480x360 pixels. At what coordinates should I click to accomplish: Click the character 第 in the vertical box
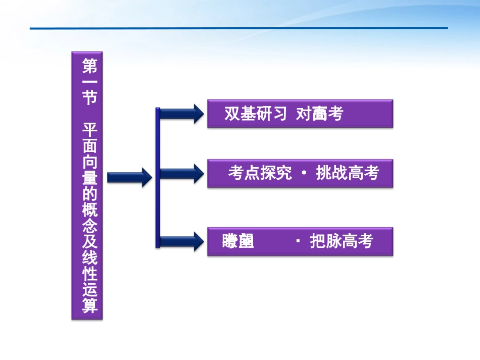pos(89,65)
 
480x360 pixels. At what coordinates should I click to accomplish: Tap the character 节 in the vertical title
pos(89,97)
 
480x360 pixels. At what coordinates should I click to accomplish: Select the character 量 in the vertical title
pos(89,177)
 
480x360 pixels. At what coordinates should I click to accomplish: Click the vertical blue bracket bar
pos(158,177)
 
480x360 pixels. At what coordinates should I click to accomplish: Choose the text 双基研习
pos(256,114)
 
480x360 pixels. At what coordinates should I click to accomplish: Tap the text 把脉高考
pos(342,242)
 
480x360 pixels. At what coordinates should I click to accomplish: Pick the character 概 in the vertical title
pos(89,210)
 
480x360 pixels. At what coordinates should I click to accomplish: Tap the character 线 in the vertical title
pos(89,258)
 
